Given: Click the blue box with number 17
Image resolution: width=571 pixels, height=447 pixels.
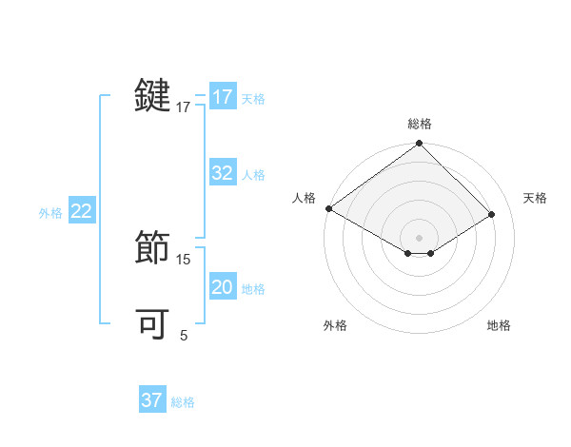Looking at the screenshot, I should tap(222, 97).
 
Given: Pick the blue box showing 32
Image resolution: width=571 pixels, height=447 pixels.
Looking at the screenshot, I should tap(222, 173).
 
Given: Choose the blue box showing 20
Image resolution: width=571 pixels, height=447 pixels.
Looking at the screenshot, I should tap(222, 287).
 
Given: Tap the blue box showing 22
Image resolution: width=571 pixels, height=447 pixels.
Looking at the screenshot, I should tap(81, 211).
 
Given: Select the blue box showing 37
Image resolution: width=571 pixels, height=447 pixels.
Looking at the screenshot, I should tap(151, 400).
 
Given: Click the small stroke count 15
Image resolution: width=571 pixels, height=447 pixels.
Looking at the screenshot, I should tap(184, 259).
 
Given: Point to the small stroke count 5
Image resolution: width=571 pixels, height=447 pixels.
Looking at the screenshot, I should tap(184, 335).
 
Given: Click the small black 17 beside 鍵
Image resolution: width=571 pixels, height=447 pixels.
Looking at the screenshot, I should tap(184, 107).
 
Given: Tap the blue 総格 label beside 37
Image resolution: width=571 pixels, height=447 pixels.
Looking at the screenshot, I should tap(183, 402).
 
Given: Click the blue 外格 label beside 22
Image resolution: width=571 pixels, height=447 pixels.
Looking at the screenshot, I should tap(50, 213).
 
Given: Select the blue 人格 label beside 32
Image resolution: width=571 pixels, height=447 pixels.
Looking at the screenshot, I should tap(253, 175).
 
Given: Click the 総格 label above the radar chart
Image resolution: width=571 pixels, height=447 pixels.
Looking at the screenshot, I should tap(420, 124).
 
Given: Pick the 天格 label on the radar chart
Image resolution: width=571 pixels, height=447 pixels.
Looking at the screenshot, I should tap(536, 198).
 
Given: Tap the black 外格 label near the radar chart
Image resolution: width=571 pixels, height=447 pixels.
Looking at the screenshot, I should tap(335, 325).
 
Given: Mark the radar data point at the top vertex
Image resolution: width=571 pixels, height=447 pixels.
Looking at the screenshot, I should tap(420, 144).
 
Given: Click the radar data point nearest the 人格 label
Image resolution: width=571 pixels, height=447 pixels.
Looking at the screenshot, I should tap(328, 208).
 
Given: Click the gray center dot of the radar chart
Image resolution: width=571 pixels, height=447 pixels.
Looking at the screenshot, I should tap(420, 237).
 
